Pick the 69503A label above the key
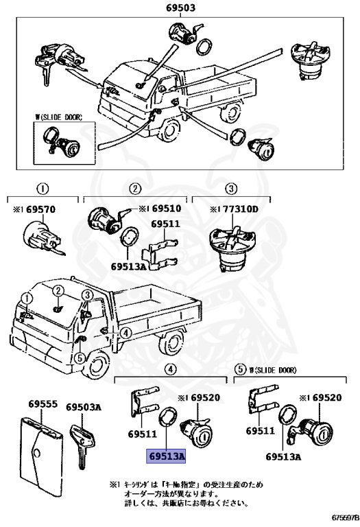(x=84, y=407)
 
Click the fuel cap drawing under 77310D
(x=230, y=250)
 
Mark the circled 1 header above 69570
(x=42, y=189)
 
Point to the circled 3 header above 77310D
(x=231, y=189)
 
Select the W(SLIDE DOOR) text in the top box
(x=58, y=118)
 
